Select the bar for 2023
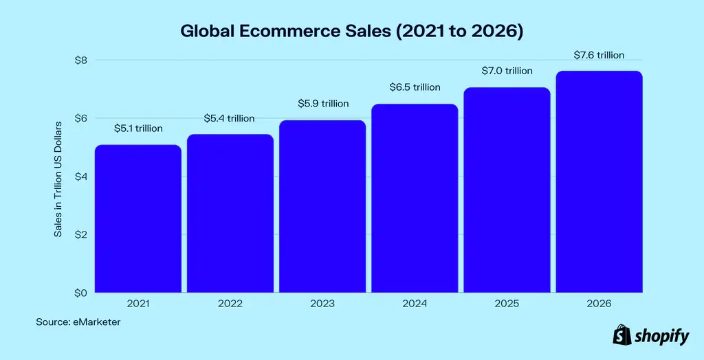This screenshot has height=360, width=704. pos(322,206)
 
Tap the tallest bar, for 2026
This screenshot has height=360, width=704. pos(599,181)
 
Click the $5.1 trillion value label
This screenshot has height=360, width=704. pos(138,128)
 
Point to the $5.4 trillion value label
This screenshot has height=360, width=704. pos(230,118)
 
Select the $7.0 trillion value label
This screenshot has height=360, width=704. pos(507,71)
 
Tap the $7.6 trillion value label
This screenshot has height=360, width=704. pos(599,55)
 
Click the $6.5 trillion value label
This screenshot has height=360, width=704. pos(415,87)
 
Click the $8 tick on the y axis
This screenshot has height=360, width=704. pos(81,60)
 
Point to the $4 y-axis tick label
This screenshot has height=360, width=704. pos(81,177)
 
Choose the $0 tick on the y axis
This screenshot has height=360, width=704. pos(81,293)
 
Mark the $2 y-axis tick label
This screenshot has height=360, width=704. pos(81,235)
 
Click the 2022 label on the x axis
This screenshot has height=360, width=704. pos(230,303)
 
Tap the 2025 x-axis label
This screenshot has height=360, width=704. pos(507,303)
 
